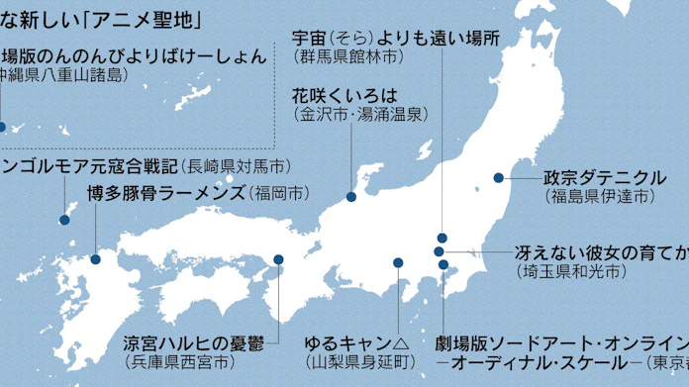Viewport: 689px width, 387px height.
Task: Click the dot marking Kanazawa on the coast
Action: [x=351, y=197]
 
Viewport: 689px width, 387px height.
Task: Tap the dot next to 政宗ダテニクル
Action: [x=499, y=178]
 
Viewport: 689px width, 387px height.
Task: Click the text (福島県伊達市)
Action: [x=599, y=197]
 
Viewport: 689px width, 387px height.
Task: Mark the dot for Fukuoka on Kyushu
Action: [x=96, y=259]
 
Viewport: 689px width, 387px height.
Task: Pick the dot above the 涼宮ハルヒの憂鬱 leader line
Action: [x=279, y=259]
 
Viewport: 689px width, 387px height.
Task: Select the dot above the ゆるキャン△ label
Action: [x=398, y=262]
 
